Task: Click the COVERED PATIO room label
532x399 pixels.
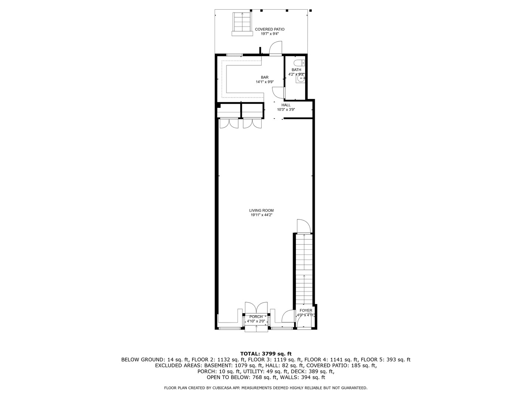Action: (269, 29)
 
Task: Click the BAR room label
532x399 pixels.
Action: (265, 77)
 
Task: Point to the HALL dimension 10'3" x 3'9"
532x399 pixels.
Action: (286, 109)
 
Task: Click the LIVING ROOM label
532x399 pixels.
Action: (261, 210)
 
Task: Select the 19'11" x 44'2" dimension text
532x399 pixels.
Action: (261, 215)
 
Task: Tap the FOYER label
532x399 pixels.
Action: (306, 310)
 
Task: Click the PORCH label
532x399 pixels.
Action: (256, 317)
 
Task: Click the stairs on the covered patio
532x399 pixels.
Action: (242, 23)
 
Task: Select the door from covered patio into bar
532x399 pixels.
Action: (275, 49)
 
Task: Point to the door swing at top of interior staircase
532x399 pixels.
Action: (303, 226)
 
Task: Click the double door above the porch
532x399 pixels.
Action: (256, 308)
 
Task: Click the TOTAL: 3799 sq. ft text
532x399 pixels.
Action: (266, 354)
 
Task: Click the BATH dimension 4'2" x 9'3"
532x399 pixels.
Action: (296, 74)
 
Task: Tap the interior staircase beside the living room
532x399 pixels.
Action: (304, 270)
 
